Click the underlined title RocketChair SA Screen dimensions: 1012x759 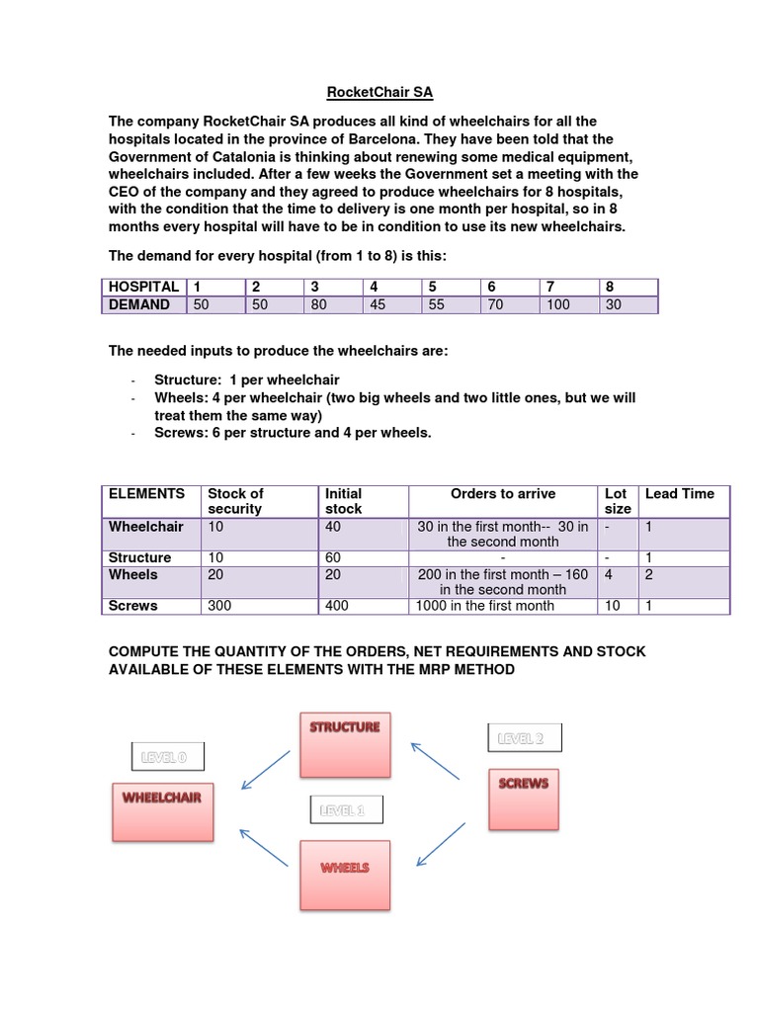coord(380,94)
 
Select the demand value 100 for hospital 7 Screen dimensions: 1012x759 coord(557,305)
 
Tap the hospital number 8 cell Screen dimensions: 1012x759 coord(609,287)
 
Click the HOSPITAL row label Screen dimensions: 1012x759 coord(143,287)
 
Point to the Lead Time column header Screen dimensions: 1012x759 coord(679,493)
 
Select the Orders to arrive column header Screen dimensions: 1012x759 coord(503,493)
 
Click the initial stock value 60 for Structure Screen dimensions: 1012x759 coord(335,557)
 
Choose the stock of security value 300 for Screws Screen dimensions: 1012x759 coord(219,605)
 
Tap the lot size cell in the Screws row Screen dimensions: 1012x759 coord(613,605)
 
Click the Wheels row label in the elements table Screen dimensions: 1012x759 coord(133,574)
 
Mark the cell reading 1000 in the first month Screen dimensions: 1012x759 coord(485,605)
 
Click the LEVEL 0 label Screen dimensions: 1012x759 coord(170,758)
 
